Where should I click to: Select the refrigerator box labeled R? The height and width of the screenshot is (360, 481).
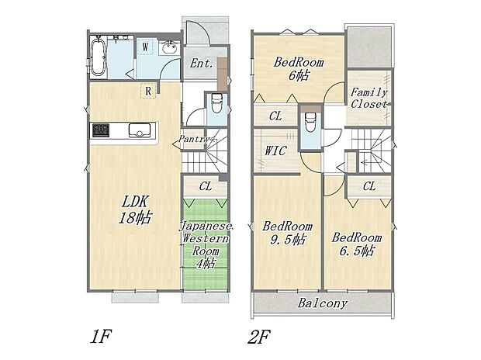(146, 91)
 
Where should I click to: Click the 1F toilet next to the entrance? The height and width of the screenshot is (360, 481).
(216, 102)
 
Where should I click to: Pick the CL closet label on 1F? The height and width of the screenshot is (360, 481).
(206, 185)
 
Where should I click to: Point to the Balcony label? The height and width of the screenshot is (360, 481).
(322, 303)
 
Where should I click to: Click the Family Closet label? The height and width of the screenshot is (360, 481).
(369, 98)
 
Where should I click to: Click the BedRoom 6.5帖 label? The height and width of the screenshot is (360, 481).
(356, 244)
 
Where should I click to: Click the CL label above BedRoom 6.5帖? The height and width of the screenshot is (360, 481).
(369, 185)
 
